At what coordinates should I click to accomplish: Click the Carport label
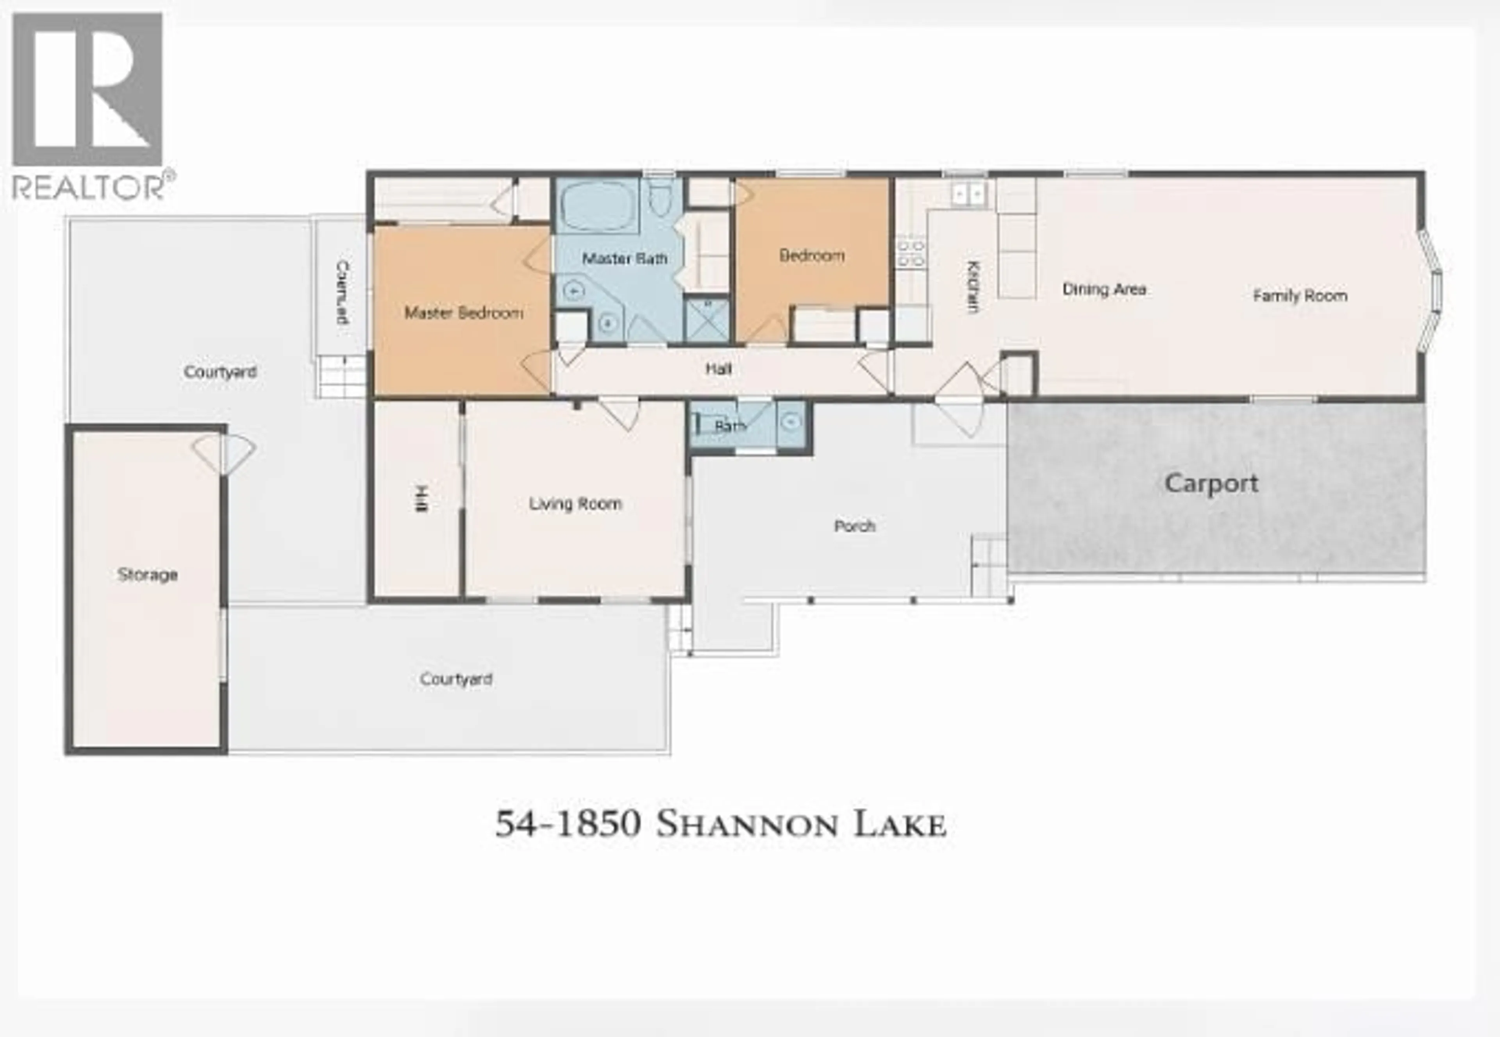[1211, 484]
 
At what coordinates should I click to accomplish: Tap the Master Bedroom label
[463, 313]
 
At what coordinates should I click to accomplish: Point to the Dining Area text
[1104, 289]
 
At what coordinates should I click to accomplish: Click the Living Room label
[575, 503]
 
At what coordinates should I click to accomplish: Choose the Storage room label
[148, 575]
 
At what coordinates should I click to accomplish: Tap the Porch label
[854, 526]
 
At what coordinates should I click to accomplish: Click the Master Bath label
[624, 259]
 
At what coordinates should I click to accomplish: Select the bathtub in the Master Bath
[597, 206]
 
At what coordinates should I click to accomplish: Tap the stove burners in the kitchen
[911, 253]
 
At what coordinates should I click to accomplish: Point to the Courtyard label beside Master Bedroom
[220, 372]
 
